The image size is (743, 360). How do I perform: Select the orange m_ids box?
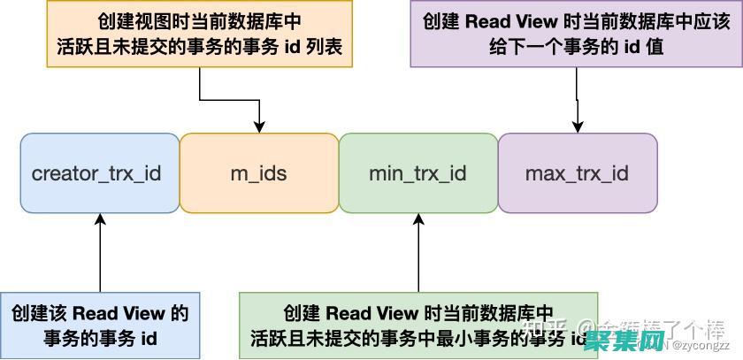click(258, 173)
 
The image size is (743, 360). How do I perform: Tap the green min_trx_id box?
click(417, 173)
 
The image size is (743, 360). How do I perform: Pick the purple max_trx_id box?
click(577, 173)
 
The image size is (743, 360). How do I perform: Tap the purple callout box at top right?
click(576, 34)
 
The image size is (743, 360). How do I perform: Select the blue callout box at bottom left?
click(100, 325)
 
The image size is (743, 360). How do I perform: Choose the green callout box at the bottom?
click(417, 325)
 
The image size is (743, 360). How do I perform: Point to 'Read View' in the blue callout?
click(119, 312)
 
